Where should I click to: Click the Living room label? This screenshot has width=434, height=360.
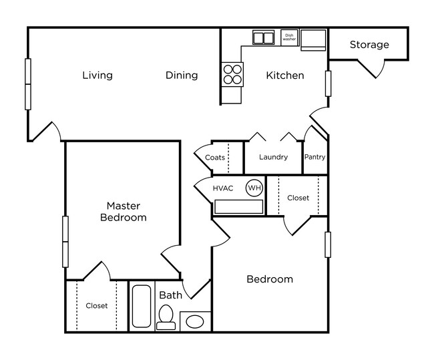pos(97,75)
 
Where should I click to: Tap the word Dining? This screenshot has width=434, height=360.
pos(182,75)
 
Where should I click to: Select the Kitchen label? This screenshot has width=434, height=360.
pos(285,75)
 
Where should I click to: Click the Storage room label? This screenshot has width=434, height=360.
pos(369,45)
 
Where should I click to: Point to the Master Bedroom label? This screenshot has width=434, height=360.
pos(123,211)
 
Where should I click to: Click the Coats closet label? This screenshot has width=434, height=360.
pos(214,158)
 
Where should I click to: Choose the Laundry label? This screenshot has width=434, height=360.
pos(273,158)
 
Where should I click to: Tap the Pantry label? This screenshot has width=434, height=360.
pos(314,158)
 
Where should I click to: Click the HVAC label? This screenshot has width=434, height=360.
pos(223,188)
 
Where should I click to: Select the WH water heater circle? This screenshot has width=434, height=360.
pos(254,188)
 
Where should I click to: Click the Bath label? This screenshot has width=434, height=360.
pos(170,295)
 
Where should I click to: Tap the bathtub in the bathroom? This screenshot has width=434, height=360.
pos(142,307)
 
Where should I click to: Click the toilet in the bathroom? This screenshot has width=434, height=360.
pos(165,317)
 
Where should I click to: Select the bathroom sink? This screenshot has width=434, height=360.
pos(194,321)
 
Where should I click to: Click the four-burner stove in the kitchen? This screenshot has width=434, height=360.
pos(232,73)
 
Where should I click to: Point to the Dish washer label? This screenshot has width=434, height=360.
pos(288,37)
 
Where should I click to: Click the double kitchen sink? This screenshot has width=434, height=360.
pos(263,37)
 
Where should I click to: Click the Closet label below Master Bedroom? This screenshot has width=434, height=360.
pos(97,306)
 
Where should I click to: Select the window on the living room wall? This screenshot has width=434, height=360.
pos(28,83)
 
